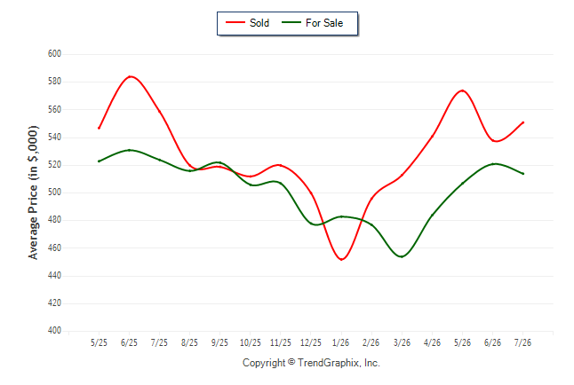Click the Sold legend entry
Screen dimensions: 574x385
click(248, 23)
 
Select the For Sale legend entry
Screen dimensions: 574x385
click(312, 23)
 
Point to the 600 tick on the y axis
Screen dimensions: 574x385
click(54, 54)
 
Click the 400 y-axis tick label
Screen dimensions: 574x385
click(54, 331)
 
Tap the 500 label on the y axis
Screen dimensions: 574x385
click(54, 192)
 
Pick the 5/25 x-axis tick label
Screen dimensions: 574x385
click(99, 342)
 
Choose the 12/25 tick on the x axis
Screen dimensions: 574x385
click(311, 342)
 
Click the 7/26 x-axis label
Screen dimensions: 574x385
click(522, 342)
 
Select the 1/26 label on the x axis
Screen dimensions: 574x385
click(341, 342)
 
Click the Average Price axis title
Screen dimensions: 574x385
click(33, 192)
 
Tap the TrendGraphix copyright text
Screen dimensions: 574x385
click(311, 363)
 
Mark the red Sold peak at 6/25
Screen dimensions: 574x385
click(130, 76)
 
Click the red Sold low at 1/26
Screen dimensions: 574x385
click(341, 260)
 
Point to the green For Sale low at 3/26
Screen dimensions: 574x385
click(402, 256)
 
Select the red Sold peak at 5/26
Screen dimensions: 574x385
click(463, 90)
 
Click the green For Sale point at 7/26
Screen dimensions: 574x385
click(523, 174)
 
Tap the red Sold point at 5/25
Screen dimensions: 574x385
click(99, 128)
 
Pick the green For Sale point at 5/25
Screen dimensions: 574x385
click(99, 161)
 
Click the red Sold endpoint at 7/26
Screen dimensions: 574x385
click(523, 122)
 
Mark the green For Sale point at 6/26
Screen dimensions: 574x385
click(493, 164)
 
